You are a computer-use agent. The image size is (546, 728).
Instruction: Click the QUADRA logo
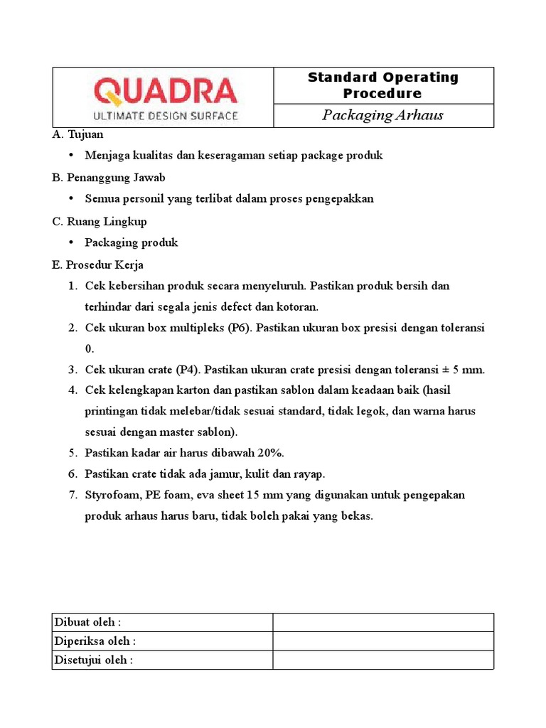165,91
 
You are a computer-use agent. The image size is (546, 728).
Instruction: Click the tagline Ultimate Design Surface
166,115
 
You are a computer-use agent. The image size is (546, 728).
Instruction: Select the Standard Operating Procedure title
382,85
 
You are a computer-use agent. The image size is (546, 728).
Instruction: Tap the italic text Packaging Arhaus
382,115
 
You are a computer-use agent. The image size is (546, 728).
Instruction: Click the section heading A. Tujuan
78,134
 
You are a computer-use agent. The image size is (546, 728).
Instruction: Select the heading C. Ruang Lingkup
100,221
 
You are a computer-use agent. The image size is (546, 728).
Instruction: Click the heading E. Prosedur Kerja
98,264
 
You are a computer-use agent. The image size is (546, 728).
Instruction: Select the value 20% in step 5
269,453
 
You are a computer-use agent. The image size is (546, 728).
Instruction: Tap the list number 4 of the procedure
72,390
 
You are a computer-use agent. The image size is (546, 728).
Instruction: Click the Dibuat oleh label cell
163,622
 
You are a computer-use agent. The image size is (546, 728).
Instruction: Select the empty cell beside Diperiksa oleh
383,641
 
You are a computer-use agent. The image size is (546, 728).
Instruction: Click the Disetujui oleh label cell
163,660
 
